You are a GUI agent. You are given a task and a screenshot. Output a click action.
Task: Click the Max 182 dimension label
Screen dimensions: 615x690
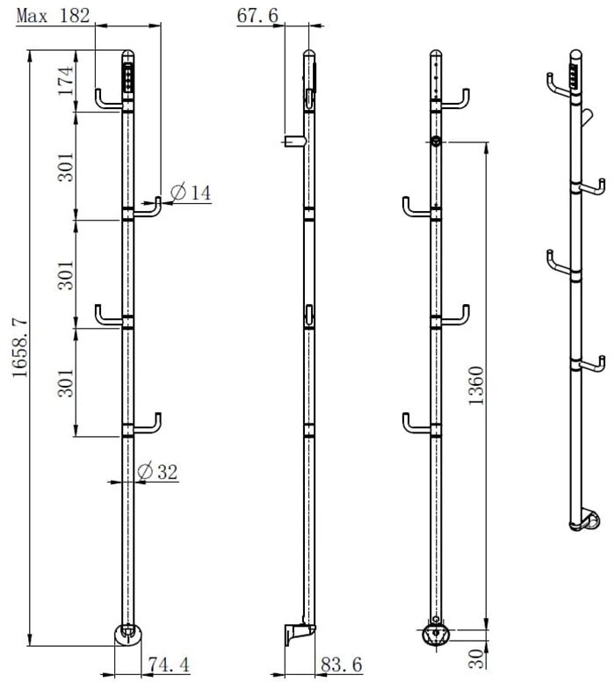[x=53, y=16]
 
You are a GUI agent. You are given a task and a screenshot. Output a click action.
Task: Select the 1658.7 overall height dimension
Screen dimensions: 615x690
[x=20, y=349]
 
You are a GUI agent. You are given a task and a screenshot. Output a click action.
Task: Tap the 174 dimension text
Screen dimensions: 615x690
[x=66, y=81]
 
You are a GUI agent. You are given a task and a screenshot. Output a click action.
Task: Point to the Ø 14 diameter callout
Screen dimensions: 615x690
[x=191, y=192]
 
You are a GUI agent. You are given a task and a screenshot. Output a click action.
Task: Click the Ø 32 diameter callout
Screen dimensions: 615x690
[x=157, y=472]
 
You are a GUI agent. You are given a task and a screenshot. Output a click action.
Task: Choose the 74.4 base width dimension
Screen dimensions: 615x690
[x=169, y=665]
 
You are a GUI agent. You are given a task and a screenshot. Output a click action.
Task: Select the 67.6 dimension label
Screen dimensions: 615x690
[x=257, y=16]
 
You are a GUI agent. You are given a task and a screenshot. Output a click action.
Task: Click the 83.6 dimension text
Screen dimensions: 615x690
[x=342, y=665]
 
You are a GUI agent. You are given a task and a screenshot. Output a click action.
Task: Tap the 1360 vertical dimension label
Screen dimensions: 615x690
[x=476, y=386]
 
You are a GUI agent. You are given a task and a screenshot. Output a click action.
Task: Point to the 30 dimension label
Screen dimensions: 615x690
[x=476, y=658]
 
